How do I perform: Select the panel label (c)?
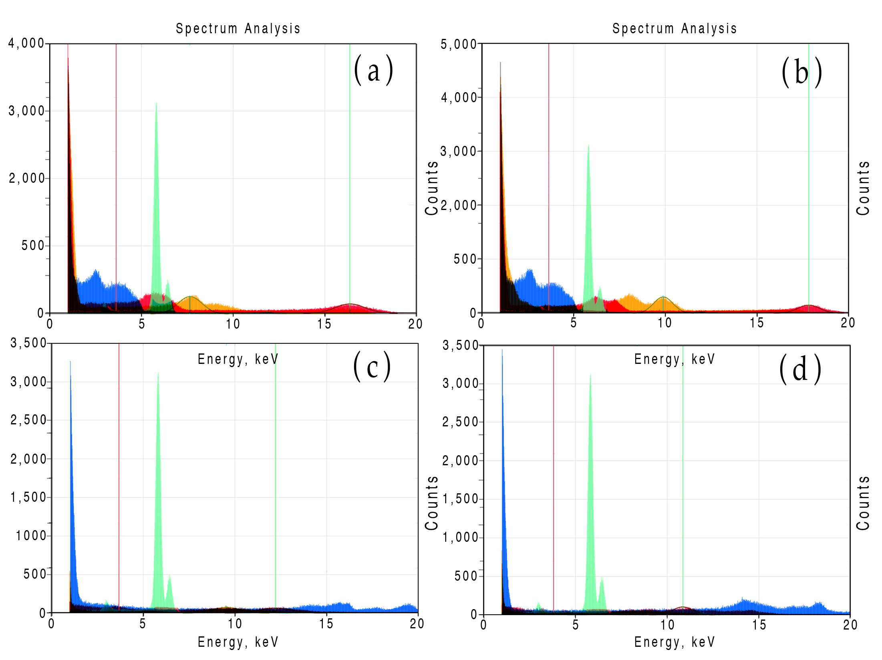coord(372,367)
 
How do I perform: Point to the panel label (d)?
coord(800,369)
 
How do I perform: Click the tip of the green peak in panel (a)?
coord(156,103)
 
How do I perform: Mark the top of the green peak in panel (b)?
coord(588,145)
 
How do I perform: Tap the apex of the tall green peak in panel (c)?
coord(158,373)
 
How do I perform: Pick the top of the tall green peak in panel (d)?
coord(590,374)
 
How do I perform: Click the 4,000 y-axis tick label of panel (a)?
coord(26,43)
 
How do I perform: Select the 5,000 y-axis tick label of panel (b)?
coord(459,44)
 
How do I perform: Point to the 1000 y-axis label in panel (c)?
coord(31,535)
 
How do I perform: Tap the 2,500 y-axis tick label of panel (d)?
coord(460,422)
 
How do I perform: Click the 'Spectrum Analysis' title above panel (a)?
coord(238,28)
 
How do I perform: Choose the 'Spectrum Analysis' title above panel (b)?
coord(675,28)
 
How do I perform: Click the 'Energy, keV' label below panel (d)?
coord(675,642)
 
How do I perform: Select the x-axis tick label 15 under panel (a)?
coord(324,324)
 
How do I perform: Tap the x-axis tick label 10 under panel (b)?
coord(665,323)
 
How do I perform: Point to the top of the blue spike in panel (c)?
coord(70,361)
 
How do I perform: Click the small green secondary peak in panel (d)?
coord(602,578)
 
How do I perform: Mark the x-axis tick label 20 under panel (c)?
coord(417,624)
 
